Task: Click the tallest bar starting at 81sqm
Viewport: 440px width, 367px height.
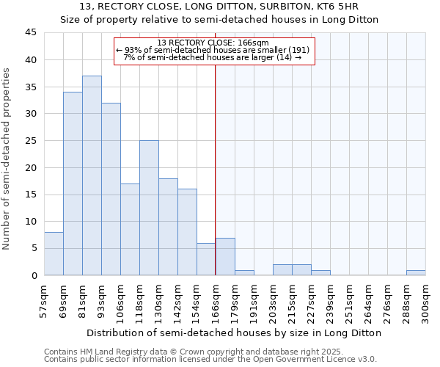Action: point(92,175)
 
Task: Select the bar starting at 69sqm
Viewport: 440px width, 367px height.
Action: point(73,183)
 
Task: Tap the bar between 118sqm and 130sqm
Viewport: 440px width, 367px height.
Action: point(149,208)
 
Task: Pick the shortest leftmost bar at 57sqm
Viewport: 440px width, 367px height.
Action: point(54,253)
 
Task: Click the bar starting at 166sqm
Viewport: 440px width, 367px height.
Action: point(225,256)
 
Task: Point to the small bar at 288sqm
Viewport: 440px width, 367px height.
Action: point(416,272)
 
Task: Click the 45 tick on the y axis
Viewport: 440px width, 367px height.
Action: point(31,33)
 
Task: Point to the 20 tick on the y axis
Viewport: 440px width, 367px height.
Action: point(31,167)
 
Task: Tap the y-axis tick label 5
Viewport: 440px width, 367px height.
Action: point(34,248)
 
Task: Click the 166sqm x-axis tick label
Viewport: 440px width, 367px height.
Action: point(216,301)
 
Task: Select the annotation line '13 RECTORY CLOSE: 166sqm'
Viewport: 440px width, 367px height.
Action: point(213,43)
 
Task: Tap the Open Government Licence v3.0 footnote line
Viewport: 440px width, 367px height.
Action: point(210,359)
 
